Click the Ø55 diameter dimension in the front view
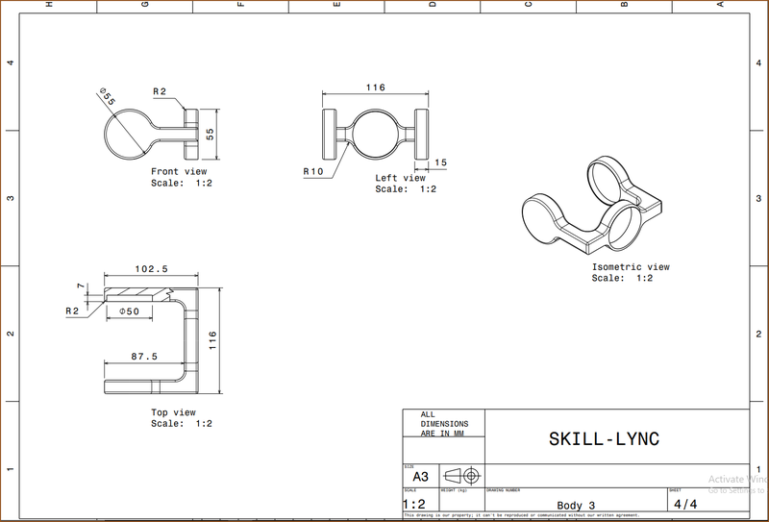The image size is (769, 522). click(106, 96)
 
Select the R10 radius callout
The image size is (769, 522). click(312, 172)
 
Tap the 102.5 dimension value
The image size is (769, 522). click(150, 269)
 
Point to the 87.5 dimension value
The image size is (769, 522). click(144, 356)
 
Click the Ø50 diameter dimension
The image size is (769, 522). click(129, 311)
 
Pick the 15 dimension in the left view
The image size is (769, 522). click(440, 163)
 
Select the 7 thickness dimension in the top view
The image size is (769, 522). click(83, 286)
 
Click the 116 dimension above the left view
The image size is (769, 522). click(375, 87)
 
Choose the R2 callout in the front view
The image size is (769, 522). click(160, 91)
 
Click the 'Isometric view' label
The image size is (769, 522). click(631, 266)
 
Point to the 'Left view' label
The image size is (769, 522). click(400, 178)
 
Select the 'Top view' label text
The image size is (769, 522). click(173, 412)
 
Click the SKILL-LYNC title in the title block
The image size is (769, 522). click(604, 438)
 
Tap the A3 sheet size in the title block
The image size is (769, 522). click(420, 477)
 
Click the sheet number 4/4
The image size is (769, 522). click(686, 503)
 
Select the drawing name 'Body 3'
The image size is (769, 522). click(576, 506)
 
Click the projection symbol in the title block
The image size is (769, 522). click(462, 477)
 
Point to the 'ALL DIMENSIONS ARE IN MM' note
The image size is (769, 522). click(443, 424)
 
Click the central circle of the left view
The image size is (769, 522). click(375, 134)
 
